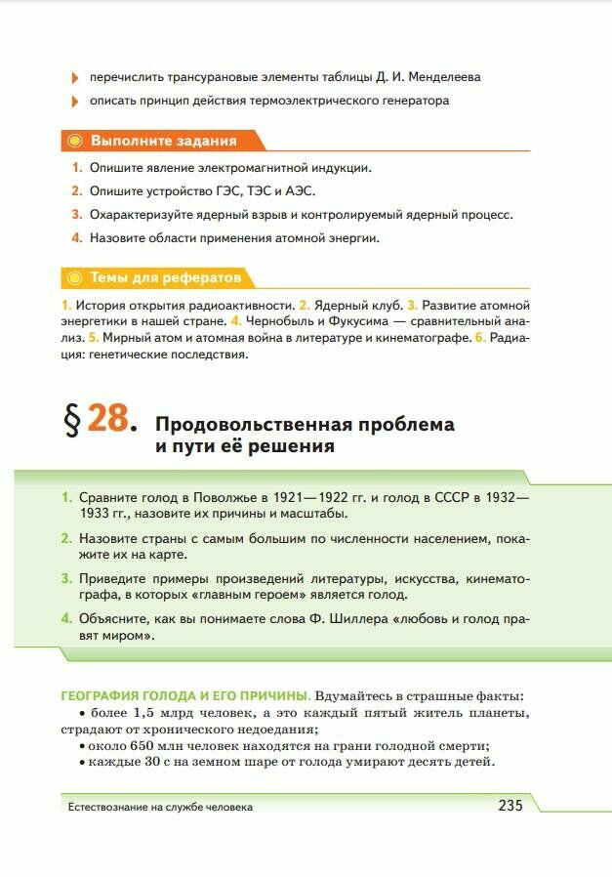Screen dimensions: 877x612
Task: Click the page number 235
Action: [510, 806]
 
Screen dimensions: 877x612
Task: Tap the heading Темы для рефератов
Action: [165, 278]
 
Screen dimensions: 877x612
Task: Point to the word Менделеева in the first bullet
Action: [445, 76]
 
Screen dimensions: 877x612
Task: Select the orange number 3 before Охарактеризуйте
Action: [76, 215]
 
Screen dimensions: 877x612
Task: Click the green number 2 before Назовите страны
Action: [65, 538]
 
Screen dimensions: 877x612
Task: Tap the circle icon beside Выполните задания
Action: [75, 141]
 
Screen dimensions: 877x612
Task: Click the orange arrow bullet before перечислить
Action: [75, 77]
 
